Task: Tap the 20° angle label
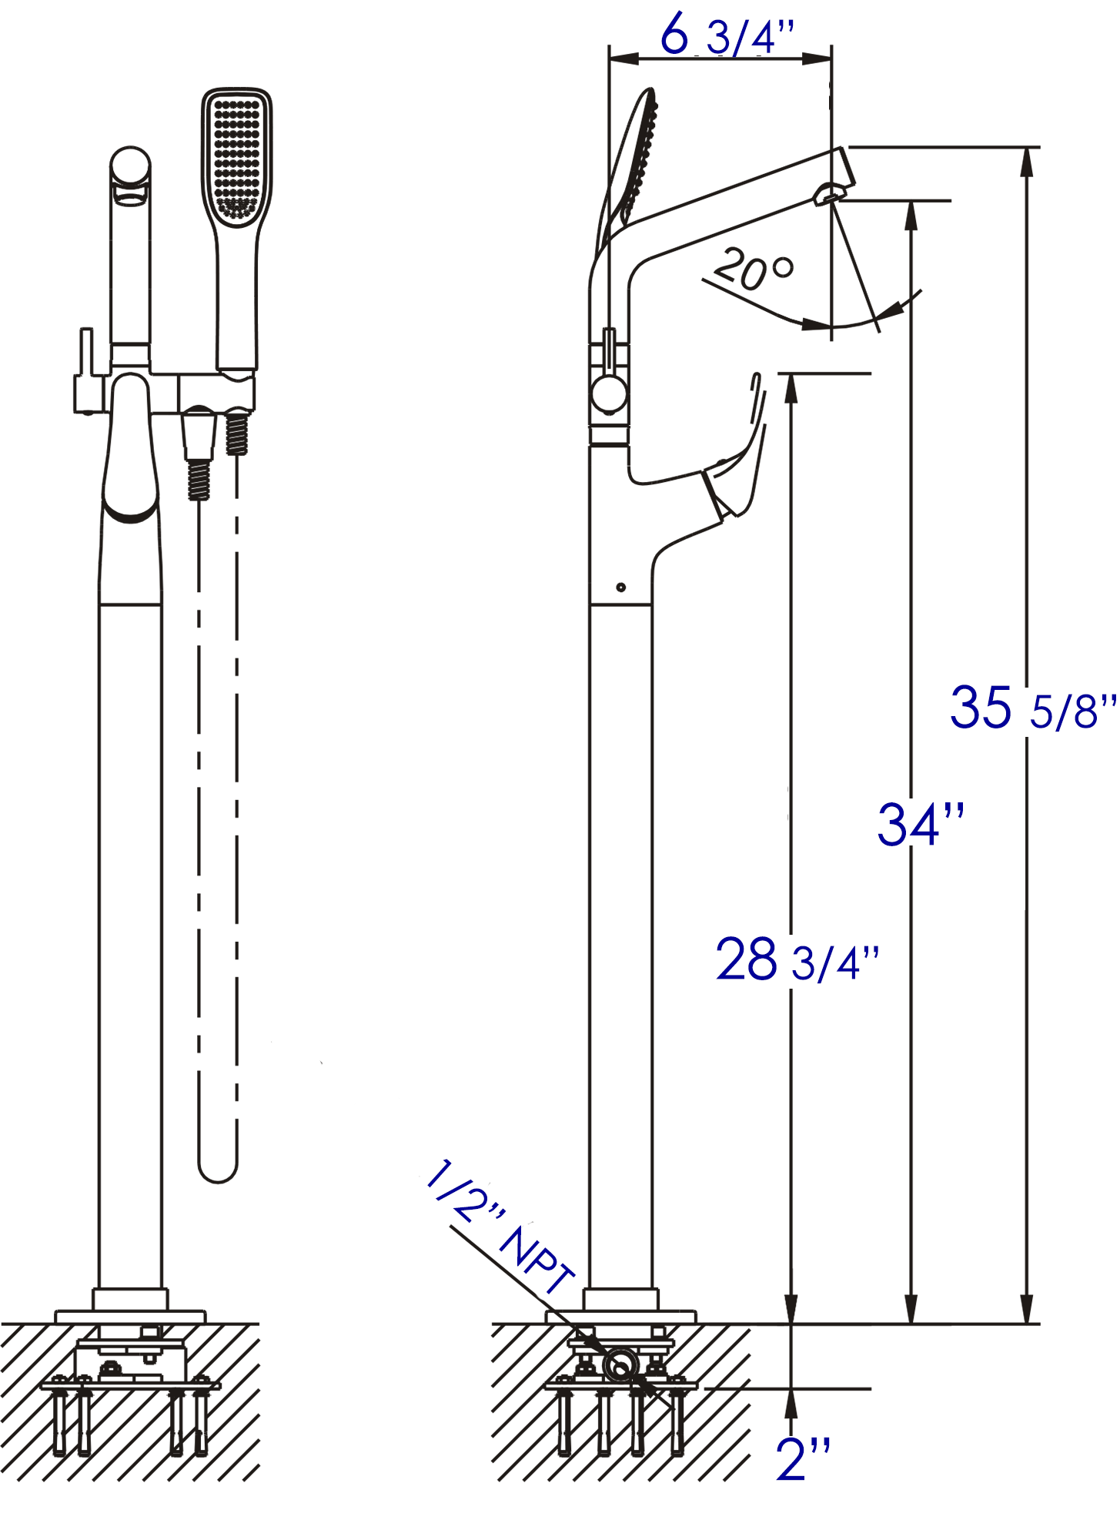753,269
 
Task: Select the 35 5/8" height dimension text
1031,708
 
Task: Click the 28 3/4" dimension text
797,961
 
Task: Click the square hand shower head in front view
237,158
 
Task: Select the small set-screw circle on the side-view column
621,588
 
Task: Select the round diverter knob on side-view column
610,395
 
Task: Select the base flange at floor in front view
131,1316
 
